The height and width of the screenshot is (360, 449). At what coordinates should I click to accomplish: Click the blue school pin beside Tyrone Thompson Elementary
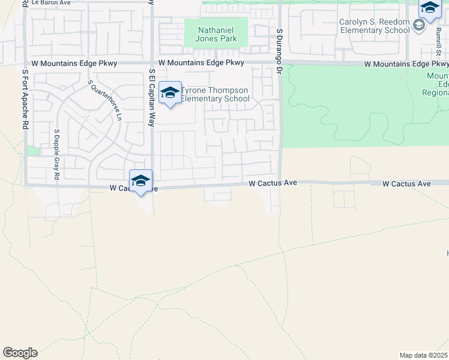click(170, 92)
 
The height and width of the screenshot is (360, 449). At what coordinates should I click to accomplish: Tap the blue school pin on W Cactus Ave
click(140, 180)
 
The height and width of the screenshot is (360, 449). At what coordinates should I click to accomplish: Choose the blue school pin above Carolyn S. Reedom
click(430, 8)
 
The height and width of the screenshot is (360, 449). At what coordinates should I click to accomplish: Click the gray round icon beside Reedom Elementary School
click(419, 26)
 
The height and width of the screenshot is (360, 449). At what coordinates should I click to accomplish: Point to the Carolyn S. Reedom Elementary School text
click(374, 26)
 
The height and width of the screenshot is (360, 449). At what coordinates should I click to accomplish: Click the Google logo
click(20, 353)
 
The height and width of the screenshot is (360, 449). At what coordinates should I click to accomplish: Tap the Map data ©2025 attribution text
click(424, 355)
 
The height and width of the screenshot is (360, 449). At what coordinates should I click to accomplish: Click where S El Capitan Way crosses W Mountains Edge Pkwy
click(152, 63)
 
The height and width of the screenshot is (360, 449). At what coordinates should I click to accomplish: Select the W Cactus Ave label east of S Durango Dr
click(406, 184)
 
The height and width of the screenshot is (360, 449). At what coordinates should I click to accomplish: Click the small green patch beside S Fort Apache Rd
click(32, 151)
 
